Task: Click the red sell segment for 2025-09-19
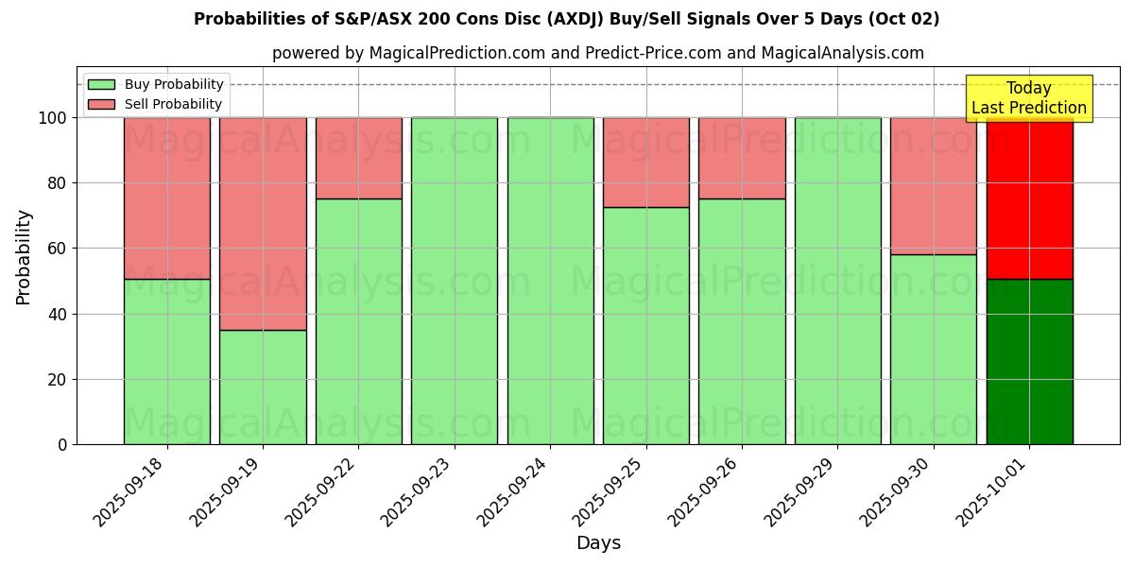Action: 263,223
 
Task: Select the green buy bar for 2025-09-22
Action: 359,321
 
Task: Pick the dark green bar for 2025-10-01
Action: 1029,362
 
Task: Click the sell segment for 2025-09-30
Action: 934,185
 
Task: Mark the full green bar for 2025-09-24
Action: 550,281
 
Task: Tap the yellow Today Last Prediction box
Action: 1029,98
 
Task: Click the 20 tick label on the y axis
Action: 60,380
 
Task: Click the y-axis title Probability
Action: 24,256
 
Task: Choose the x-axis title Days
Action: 598,543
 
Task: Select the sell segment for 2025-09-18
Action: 167,198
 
